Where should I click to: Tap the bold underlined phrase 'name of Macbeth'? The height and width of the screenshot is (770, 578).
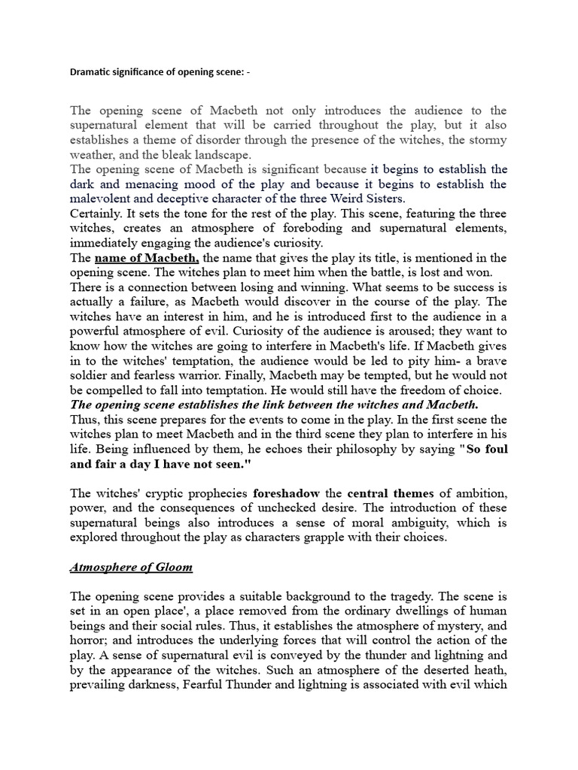coord(146,258)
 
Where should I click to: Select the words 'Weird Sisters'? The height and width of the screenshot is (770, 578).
coord(367,199)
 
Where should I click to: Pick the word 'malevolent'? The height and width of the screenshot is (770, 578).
coord(102,199)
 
